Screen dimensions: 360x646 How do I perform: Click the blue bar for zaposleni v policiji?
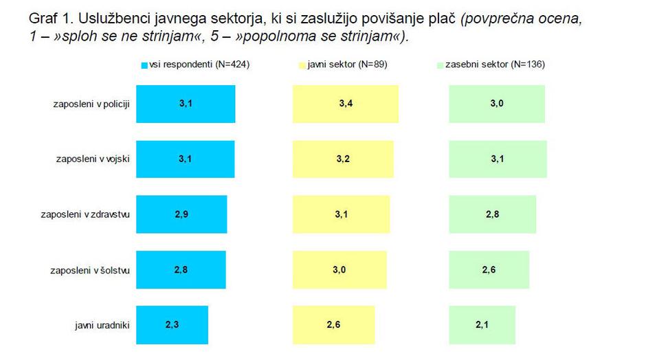186,104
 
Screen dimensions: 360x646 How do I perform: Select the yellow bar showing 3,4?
346,104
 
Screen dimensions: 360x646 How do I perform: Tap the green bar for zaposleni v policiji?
497,104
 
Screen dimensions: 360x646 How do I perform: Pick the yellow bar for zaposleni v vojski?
343,159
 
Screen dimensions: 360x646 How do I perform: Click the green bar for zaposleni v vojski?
498,159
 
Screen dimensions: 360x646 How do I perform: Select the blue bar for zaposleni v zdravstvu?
181,214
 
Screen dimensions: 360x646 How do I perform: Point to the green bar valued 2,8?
493,214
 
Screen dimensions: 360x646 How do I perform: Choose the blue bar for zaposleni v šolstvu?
181,269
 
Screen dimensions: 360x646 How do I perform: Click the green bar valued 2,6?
489,269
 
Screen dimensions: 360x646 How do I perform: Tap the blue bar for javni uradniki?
172,324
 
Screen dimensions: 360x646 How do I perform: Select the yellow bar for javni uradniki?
333,324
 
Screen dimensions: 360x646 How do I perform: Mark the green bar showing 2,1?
481,324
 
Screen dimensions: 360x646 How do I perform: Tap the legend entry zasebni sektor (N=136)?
490,65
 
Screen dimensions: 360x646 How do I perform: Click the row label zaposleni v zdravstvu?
85,214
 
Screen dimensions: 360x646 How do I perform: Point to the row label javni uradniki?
102,324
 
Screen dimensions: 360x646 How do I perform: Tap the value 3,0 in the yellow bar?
339,269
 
